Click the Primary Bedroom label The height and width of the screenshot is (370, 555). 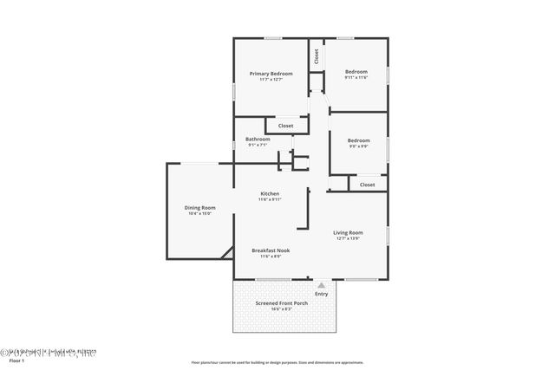click(x=271, y=74)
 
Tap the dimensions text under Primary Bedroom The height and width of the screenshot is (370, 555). click(x=271, y=80)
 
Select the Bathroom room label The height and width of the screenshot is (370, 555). click(x=258, y=140)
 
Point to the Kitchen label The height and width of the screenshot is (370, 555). click(x=270, y=193)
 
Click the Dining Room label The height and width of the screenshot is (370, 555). click(x=199, y=207)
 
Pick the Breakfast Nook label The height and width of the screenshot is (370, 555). click(x=271, y=250)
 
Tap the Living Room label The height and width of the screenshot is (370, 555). click(x=348, y=232)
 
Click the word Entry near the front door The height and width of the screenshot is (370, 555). click(x=322, y=294)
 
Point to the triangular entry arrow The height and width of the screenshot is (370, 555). click(x=322, y=284)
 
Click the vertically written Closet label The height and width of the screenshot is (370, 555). click(x=317, y=57)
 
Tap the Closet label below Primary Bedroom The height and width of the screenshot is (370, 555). click(x=285, y=127)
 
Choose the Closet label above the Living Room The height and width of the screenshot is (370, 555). click(x=367, y=185)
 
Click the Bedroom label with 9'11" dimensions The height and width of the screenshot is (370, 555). click(x=356, y=71)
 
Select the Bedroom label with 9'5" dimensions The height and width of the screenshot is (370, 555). click(x=358, y=140)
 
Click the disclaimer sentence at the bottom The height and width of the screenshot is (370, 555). click(x=277, y=362)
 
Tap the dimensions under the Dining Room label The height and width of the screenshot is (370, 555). click(x=199, y=213)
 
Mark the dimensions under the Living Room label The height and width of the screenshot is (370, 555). click(x=348, y=238)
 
